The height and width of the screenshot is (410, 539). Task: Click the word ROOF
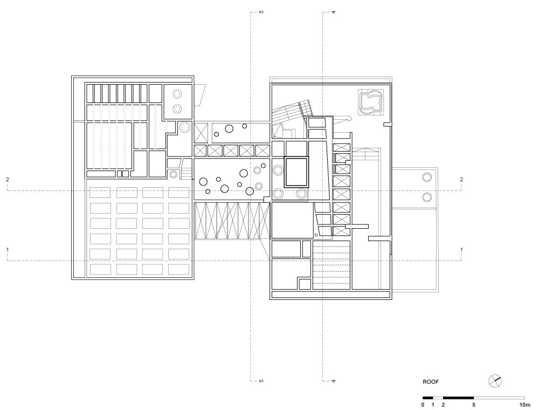(430, 381)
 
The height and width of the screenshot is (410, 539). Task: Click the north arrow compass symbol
(495, 381)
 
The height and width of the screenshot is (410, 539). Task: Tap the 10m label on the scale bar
(524, 405)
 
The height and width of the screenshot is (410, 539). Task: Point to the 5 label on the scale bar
(474, 405)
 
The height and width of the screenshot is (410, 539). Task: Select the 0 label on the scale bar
(423, 405)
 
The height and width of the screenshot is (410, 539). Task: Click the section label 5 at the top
(261, 12)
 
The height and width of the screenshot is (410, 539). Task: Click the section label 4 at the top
(334, 12)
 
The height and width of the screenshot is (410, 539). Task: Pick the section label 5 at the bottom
(261, 381)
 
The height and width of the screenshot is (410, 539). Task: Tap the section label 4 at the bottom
(334, 381)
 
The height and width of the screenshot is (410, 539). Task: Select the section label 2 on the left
(8, 179)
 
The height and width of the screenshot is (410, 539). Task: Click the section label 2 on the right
(461, 179)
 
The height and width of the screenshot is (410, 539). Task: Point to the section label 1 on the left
(8, 249)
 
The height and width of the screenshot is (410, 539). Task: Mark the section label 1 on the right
(461, 249)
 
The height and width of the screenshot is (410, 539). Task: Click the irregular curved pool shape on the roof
(360, 102)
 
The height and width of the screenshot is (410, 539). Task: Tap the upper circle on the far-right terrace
(427, 177)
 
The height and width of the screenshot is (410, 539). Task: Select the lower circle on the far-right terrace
(427, 197)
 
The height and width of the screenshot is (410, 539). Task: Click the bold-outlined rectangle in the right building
(285, 172)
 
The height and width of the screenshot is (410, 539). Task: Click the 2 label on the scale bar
(443, 405)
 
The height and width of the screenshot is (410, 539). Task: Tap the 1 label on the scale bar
(433, 405)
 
